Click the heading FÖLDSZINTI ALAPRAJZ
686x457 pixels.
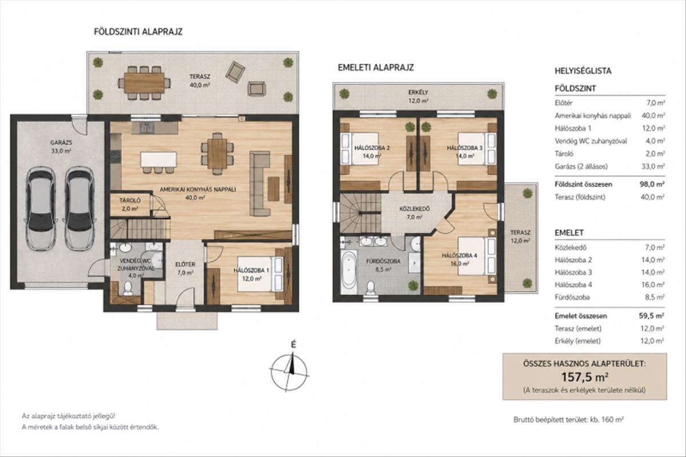138,32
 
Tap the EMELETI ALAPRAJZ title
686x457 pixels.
376,67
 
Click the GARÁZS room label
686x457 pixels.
61,143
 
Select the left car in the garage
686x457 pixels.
41,208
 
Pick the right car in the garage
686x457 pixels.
79,208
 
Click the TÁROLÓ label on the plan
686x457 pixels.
130,201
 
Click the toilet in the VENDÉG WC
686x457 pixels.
127,288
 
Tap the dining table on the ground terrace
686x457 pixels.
144,83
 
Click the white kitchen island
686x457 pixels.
159,159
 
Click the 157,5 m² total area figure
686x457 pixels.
584,377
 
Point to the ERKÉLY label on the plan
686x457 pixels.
418,93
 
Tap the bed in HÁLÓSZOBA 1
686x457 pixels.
260,274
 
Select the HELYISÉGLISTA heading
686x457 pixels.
583,71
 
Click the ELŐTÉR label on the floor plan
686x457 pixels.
185,264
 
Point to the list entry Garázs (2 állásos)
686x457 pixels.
581,167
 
